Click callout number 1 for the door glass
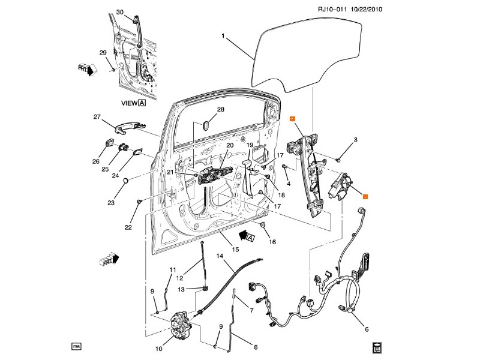(x=223, y=36)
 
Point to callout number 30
(x=119, y=12)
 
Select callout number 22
(x=128, y=227)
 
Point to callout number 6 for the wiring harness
(x=367, y=329)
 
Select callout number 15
(x=236, y=249)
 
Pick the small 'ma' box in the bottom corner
(x=76, y=346)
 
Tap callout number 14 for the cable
(x=220, y=256)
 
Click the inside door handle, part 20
(x=213, y=175)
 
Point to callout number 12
(x=179, y=278)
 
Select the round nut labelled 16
(x=263, y=225)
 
